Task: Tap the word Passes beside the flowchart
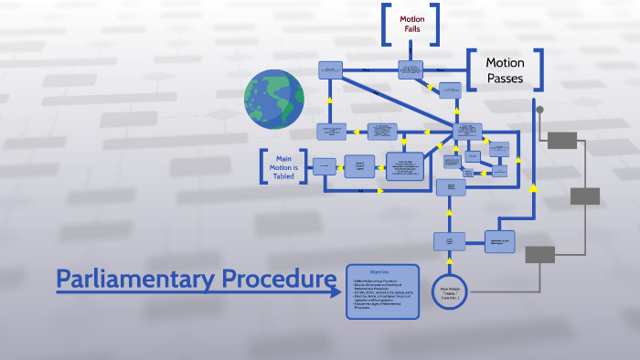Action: [x=505, y=79]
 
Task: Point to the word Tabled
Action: [x=283, y=177]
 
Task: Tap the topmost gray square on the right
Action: [x=561, y=140]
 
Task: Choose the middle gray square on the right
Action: [x=585, y=196]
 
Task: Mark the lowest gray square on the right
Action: [x=539, y=254]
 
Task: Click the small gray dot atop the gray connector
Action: [x=539, y=111]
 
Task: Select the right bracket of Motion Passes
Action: [x=539, y=69]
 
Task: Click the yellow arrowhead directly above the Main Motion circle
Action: [x=450, y=263]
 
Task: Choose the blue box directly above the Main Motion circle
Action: [x=450, y=240]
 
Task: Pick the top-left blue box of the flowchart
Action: [x=330, y=69]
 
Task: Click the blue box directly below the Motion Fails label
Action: [x=411, y=69]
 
